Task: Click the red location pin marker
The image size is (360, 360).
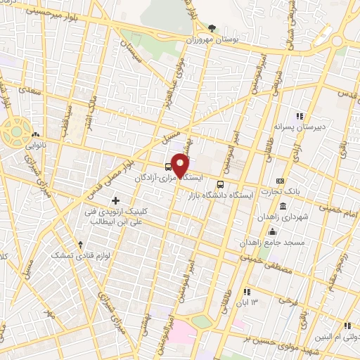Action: click(x=181, y=165)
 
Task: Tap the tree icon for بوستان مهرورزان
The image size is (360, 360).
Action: click(x=212, y=28)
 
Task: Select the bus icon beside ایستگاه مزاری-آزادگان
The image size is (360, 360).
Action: click(x=167, y=167)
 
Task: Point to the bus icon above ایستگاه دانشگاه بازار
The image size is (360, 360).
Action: click(x=220, y=185)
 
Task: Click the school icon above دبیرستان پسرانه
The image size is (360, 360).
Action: click(x=299, y=116)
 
